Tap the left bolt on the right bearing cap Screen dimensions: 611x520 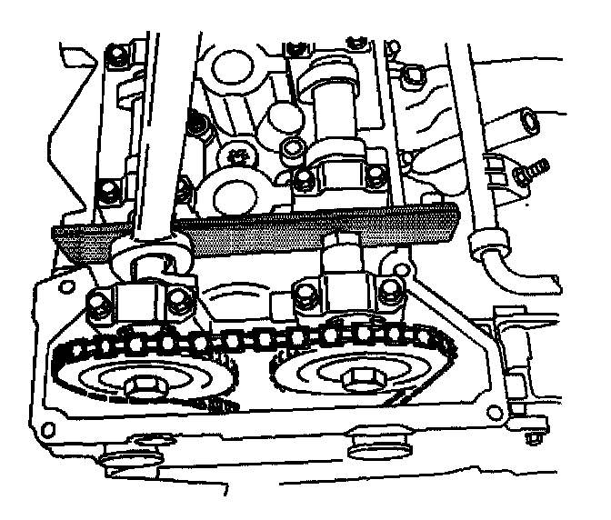click(x=302, y=294)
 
